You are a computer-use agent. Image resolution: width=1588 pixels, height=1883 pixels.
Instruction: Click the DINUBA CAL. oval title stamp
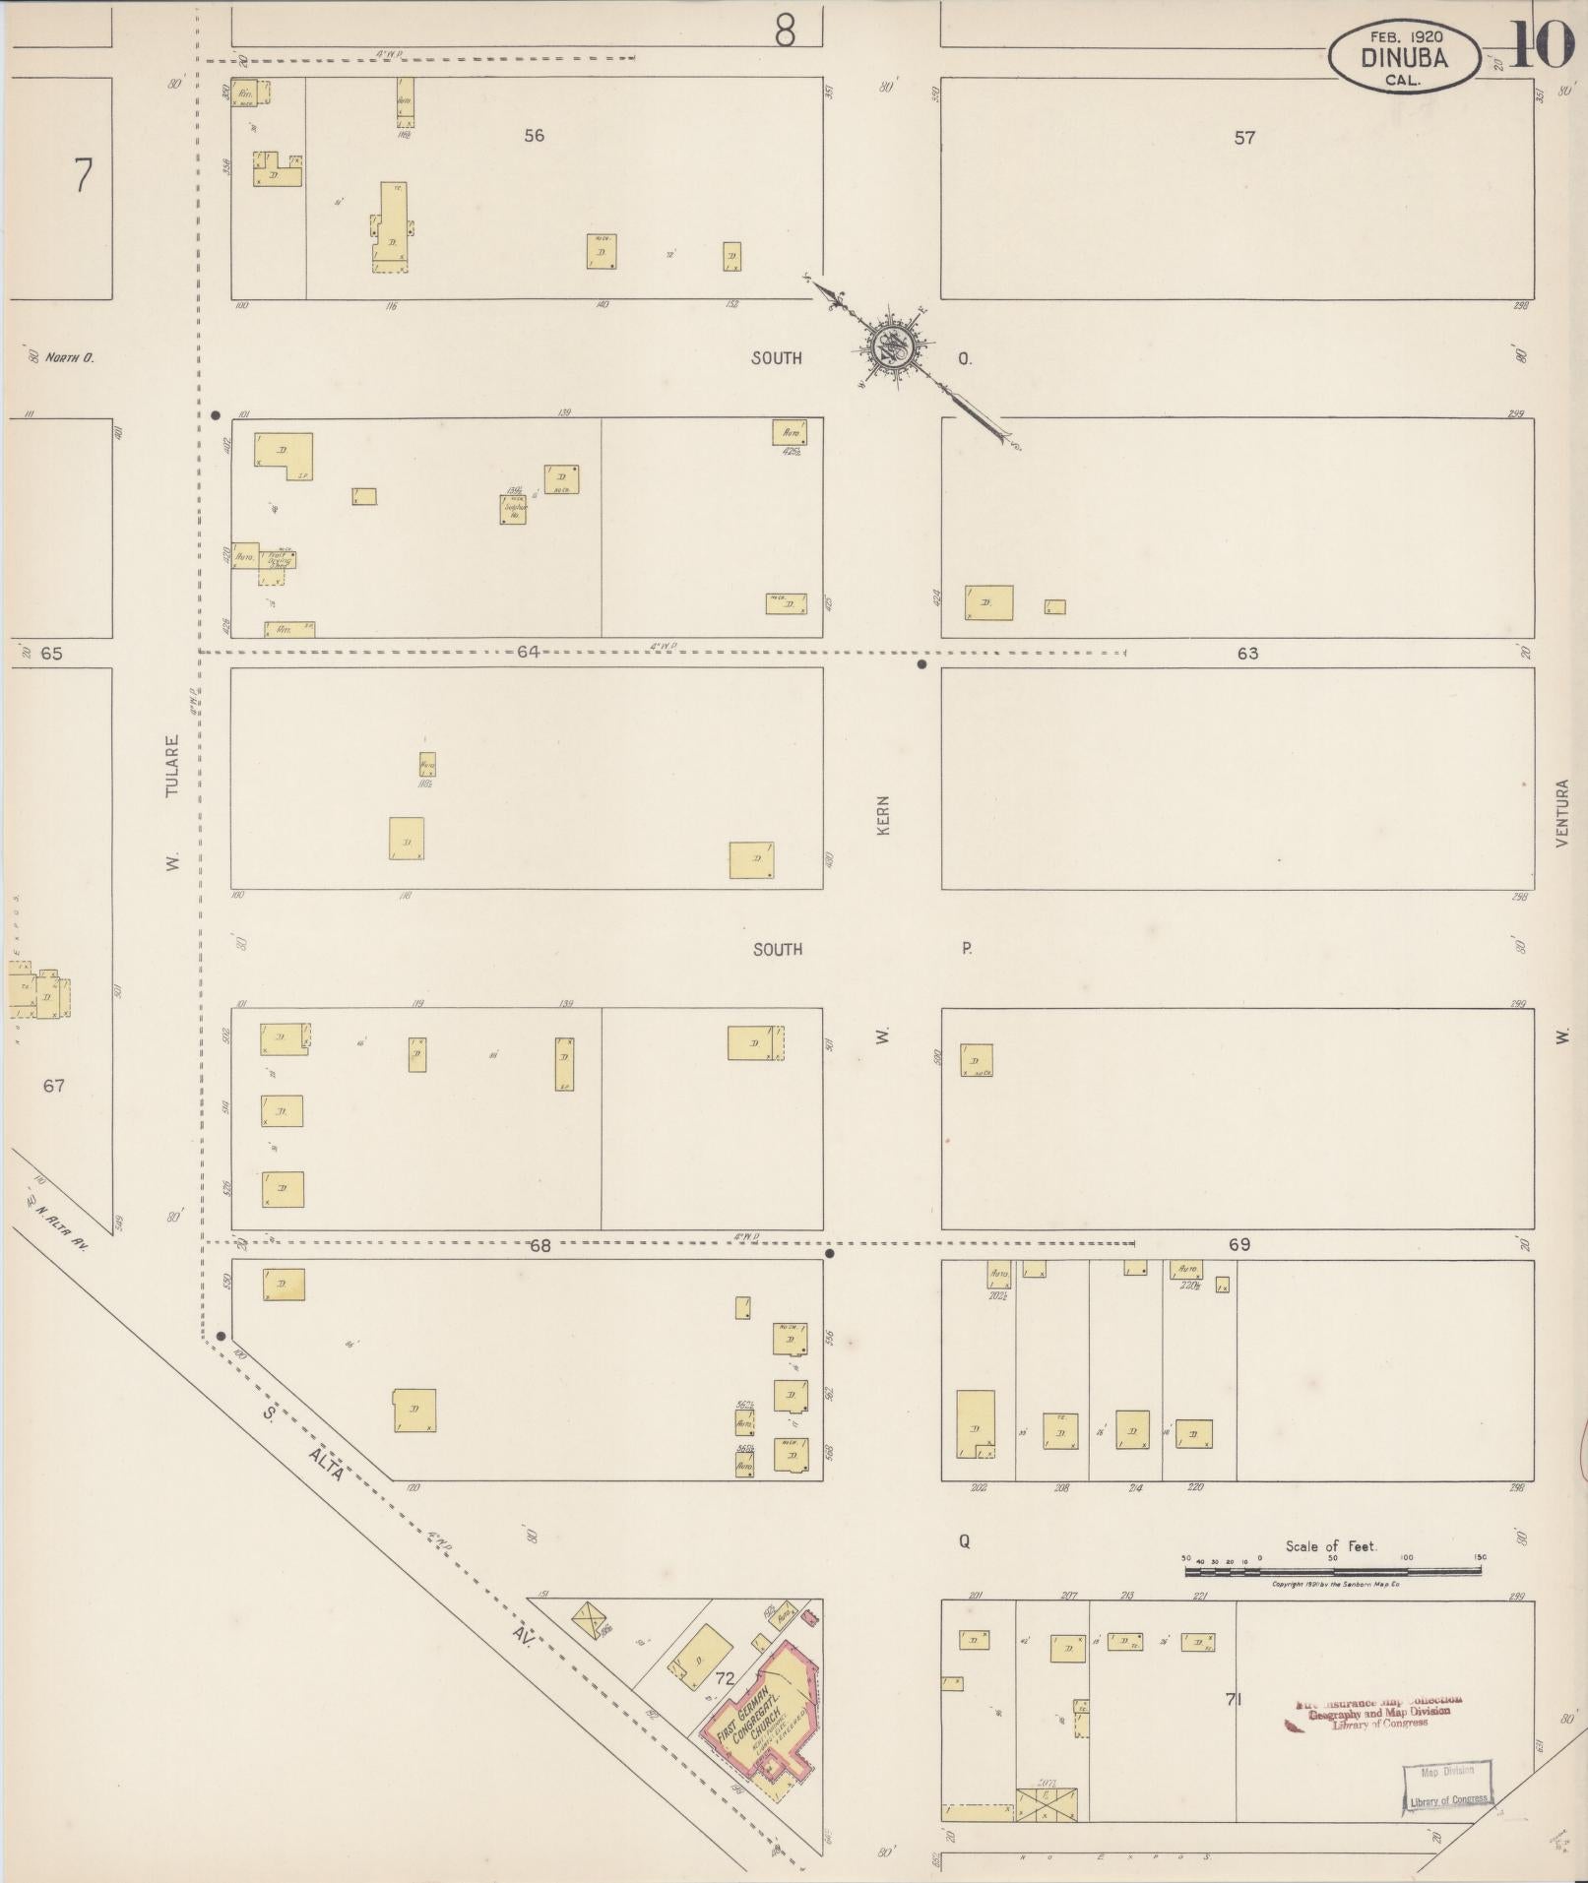tap(1404, 57)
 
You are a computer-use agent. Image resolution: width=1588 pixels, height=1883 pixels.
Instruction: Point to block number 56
tap(534, 136)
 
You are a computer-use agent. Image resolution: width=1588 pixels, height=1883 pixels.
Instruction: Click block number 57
tap(1244, 138)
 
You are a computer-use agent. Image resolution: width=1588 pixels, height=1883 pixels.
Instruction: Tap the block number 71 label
tap(1232, 1699)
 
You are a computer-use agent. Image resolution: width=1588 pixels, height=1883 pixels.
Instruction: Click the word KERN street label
tap(883, 816)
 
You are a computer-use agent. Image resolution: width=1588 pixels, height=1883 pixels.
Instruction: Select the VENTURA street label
tap(1561, 813)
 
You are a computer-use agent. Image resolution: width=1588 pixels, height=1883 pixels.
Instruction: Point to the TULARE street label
tap(172, 766)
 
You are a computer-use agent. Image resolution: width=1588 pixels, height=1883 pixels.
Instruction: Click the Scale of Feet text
tap(1329, 1546)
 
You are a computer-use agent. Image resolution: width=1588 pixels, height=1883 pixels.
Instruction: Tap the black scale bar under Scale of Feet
tap(1333, 1571)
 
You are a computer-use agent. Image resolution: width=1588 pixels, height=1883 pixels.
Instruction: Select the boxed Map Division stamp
tap(1447, 1786)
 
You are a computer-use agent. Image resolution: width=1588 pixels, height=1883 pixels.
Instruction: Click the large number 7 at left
tap(83, 177)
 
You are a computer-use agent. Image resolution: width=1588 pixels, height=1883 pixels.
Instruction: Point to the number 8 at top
tap(784, 32)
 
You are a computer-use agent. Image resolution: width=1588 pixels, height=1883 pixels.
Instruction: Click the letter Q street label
tap(964, 1542)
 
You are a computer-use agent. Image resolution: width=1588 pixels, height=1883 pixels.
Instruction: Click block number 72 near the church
tap(726, 1676)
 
